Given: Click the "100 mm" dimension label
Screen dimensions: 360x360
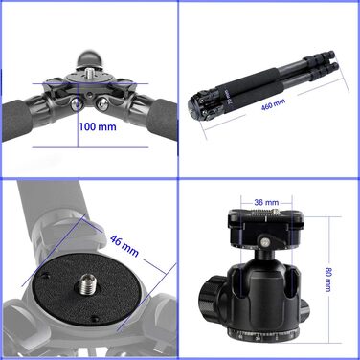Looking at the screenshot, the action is (x=98, y=126).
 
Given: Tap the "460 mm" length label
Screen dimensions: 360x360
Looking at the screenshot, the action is (x=273, y=104).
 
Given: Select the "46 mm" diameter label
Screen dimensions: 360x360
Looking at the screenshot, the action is (x=124, y=245).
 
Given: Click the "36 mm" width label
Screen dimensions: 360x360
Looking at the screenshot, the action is (x=266, y=202).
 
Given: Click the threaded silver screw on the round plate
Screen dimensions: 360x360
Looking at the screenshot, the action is (x=85, y=282).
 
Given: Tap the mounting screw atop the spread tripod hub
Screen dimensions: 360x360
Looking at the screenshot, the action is (x=89, y=74).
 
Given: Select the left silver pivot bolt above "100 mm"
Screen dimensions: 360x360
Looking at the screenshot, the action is (x=76, y=103).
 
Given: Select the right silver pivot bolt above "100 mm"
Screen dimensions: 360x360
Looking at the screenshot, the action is (x=102, y=103).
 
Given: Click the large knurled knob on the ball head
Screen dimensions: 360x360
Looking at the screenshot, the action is (x=211, y=297).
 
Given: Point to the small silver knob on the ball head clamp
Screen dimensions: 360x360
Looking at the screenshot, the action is (x=265, y=242).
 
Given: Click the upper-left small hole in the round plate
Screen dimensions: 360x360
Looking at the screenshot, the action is (x=46, y=275).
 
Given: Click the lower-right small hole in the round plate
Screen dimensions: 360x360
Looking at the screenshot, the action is (x=94, y=318).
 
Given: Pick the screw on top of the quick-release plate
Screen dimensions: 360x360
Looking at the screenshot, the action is (x=265, y=213).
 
